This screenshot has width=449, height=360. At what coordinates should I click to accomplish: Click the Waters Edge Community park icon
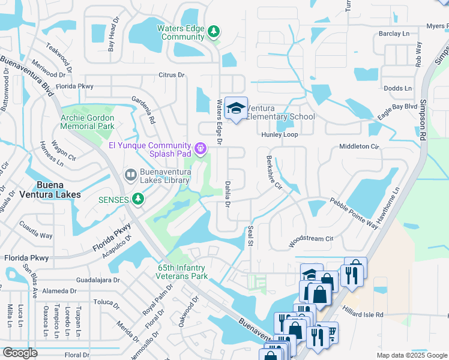pos(213,31)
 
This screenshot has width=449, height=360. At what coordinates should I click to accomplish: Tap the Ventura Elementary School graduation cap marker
pos(237,108)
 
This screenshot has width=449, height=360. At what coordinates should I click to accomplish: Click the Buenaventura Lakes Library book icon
pos(130,175)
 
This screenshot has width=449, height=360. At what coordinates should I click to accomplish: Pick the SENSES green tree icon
pos(139,198)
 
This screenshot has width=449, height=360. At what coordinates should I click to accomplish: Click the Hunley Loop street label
pos(279,136)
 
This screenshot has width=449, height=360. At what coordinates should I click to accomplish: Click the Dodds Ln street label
pos(397,88)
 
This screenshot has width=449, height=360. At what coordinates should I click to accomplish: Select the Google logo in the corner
pos(20,353)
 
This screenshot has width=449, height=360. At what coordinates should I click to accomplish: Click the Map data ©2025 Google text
pos(411,355)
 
